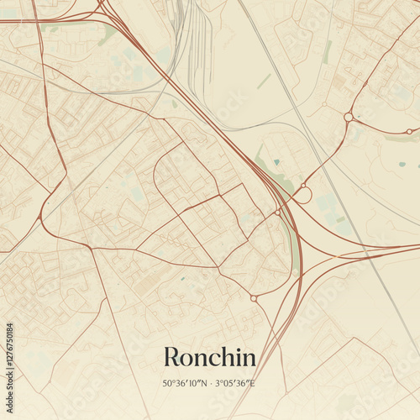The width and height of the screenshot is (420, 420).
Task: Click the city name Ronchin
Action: (209, 356)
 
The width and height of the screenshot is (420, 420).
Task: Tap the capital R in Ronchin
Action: (172, 356)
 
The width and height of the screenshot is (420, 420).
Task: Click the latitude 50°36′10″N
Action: (186, 384)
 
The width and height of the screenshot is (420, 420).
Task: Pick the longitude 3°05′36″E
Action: (234, 384)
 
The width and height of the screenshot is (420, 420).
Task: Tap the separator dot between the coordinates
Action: (210, 384)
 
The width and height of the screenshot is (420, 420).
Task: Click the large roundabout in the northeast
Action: (348, 117)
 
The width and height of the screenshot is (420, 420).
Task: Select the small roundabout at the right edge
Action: (409, 131)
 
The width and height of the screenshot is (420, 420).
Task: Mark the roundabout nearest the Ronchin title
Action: (254, 297)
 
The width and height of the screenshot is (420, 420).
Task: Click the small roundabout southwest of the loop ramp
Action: (277, 213)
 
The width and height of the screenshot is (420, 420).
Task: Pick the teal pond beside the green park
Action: (276, 162)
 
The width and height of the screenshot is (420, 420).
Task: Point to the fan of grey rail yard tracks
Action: (198, 42)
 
